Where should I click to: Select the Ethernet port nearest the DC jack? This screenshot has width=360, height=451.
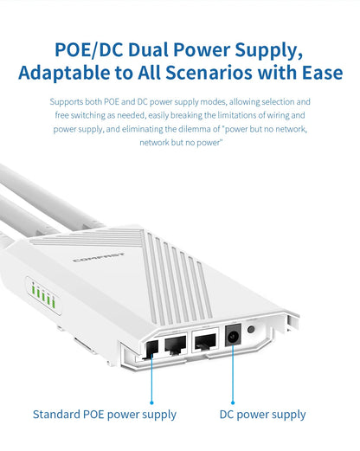[x=206, y=344]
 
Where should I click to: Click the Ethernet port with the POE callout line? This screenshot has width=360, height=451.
[x=150, y=349]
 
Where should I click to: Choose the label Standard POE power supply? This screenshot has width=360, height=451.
[x=105, y=415]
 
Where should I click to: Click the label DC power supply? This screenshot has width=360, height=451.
[x=262, y=415]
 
